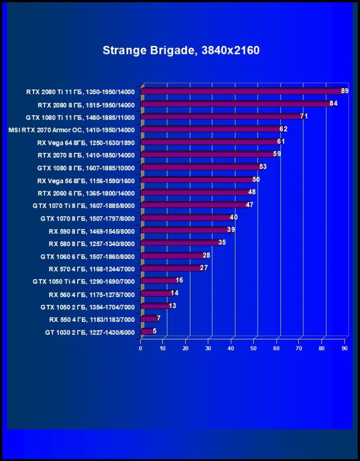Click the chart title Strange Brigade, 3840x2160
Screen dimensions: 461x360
click(181, 50)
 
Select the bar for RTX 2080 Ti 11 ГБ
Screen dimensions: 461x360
click(242, 91)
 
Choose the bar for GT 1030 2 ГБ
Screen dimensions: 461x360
click(147, 331)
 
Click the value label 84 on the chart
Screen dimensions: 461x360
click(333, 103)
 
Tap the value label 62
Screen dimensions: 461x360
click(283, 129)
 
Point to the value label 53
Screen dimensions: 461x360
click(263, 167)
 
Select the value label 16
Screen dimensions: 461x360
click(179, 280)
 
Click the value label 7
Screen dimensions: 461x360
click(159, 318)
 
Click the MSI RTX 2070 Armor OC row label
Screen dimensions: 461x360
click(72, 130)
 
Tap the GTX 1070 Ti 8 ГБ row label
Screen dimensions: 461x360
click(83, 206)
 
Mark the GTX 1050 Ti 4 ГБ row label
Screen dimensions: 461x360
click(83, 282)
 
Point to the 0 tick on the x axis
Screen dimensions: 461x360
click(141, 348)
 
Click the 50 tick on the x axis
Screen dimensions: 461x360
click(254, 348)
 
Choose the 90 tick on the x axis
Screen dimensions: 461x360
click(344, 348)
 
